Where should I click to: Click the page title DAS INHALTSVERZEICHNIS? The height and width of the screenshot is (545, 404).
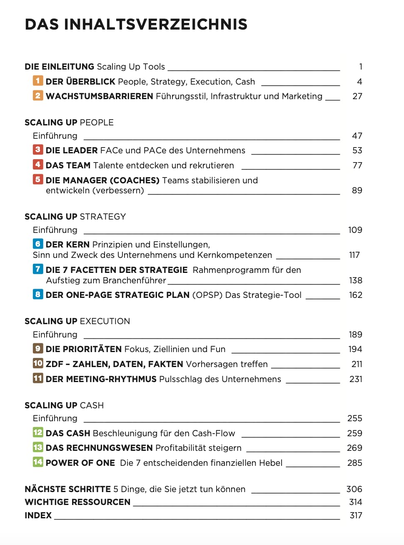click(x=136, y=24)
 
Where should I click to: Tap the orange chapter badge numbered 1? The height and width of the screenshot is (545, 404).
click(x=38, y=81)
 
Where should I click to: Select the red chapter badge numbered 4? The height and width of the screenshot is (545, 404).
click(x=38, y=164)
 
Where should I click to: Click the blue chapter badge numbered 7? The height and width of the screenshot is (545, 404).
click(x=38, y=269)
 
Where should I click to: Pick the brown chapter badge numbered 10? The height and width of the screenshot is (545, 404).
click(x=38, y=363)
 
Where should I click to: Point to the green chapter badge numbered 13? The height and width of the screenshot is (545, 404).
click(x=38, y=447)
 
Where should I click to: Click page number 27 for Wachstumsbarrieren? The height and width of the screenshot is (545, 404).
click(x=357, y=96)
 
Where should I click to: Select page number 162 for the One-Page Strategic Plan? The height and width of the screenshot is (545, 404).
click(x=355, y=295)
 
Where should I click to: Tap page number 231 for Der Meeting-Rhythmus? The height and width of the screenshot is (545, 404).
click(x=356, y=379)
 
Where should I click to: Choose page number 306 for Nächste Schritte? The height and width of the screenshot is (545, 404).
click(x=354, y=489)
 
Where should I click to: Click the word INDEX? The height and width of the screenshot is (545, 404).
click(x=38, y=515)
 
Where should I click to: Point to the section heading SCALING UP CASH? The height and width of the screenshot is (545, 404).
click(x=64, y=405)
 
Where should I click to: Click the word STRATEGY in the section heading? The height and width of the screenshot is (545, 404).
click(x=102, y=217)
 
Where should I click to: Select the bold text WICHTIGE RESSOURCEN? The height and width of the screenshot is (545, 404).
click(x=77, y=502)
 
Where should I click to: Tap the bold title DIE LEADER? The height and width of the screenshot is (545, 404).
click(x=72, y=150)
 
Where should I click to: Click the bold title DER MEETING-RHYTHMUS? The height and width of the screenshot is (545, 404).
click(x=101, y=379)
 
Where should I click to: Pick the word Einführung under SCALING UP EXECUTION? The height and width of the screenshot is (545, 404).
click(x=55, y=335)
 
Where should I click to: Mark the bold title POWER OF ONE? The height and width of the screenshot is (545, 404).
click(x=80, y=463)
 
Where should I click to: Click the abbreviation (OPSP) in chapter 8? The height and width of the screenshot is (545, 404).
click(x=207, y=295)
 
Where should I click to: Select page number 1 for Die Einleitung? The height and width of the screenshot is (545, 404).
click(x=361, y=67)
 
